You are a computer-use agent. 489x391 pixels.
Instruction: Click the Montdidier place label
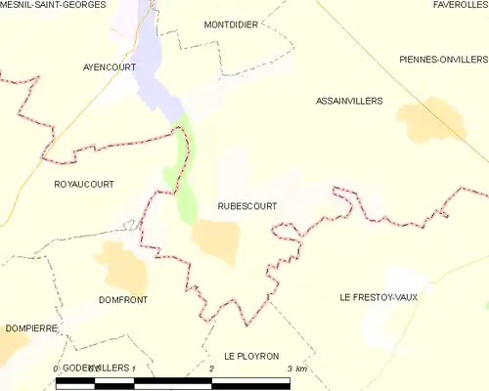(x=231, y=24)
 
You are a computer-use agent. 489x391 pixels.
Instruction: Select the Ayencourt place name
(x=109, y=67)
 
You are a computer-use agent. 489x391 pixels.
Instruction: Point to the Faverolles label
(x=460, y=5)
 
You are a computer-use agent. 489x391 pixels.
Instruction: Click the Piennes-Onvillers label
(x=443, y=60)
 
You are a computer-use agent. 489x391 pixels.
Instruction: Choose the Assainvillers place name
(x=349, y=101)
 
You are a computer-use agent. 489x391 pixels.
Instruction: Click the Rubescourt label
(x=246, y=206)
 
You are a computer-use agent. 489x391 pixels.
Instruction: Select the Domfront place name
(x=123, y=300)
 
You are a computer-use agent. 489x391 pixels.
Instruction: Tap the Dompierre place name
(x=30, y=328)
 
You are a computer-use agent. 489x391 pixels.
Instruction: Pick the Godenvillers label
(x=95, y=366)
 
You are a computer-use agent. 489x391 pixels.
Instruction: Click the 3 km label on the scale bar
(x=297, y=369)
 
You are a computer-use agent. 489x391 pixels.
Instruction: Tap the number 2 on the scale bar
(x=212, y=369)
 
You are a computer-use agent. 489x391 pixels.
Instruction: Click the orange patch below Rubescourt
(x=215, y=240)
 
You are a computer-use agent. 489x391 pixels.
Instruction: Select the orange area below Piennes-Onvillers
(x=422, y=123)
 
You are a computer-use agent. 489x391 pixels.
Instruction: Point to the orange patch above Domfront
(x=121, y=265)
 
